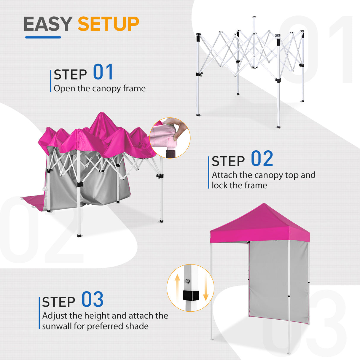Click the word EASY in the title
[x=48, y=24]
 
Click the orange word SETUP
[x=108, y=24]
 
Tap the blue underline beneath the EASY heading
[x=43, y=37]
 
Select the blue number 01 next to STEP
[x=103, y=72]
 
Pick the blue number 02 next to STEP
[x=262, y=159]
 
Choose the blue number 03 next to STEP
[x=92, y=300]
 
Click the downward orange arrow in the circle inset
[x=206, y=290]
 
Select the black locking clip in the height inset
[x=190, y=296]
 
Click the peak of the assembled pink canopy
[x=264, y=205]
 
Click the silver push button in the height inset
[x=187, y=281]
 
